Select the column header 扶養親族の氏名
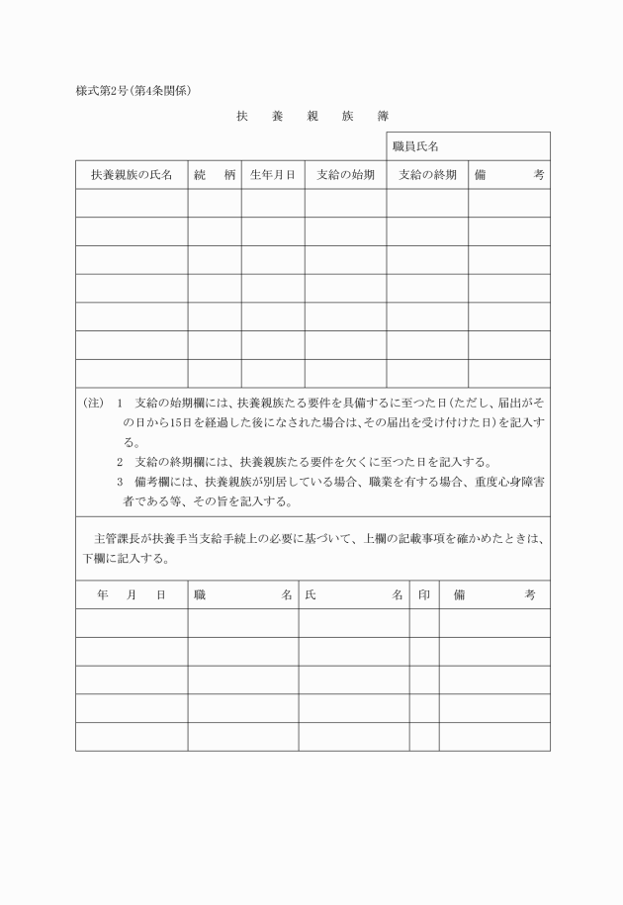132,174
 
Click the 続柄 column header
215,174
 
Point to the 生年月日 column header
272,174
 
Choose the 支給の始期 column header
345,174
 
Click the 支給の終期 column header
427,174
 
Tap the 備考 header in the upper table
508,174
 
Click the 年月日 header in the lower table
132,595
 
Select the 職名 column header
242,595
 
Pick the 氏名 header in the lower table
353,595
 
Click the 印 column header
424,595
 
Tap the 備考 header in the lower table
494,595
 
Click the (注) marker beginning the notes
93,405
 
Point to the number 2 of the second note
120,462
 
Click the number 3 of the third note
120,482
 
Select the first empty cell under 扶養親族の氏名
132,203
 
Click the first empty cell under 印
424,623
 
